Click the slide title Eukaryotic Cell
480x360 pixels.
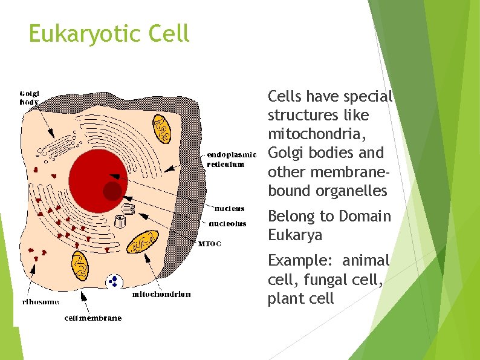click(109, 33)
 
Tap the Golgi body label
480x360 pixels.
click(30, 98)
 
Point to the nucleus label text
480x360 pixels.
click(230, 208)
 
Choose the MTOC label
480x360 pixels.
click(210, 244)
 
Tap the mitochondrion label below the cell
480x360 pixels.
click(161, 295)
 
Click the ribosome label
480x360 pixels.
click(41, 301)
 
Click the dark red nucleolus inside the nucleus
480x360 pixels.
click(112, 191)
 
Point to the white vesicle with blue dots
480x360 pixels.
click(113, 281)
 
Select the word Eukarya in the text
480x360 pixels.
click(295, 235)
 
